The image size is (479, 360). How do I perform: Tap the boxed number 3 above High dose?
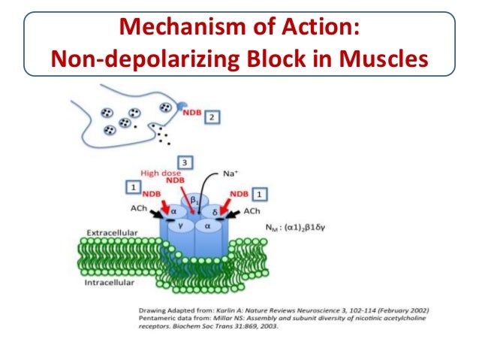(184, 162)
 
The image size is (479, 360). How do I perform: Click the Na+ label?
(231, 173)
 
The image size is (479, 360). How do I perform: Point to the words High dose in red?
(164, 171)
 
